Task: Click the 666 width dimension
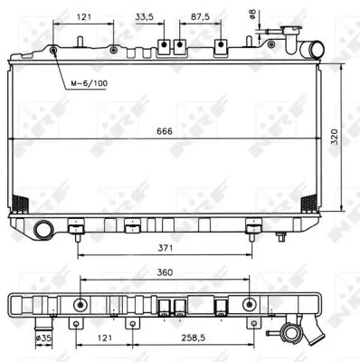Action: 164,133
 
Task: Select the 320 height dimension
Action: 335,138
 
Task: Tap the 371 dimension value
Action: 166,246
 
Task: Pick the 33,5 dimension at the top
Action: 145,15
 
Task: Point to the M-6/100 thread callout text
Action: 89,83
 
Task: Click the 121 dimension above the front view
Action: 83,15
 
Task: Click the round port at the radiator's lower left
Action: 43,230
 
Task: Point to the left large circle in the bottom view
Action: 81,303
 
